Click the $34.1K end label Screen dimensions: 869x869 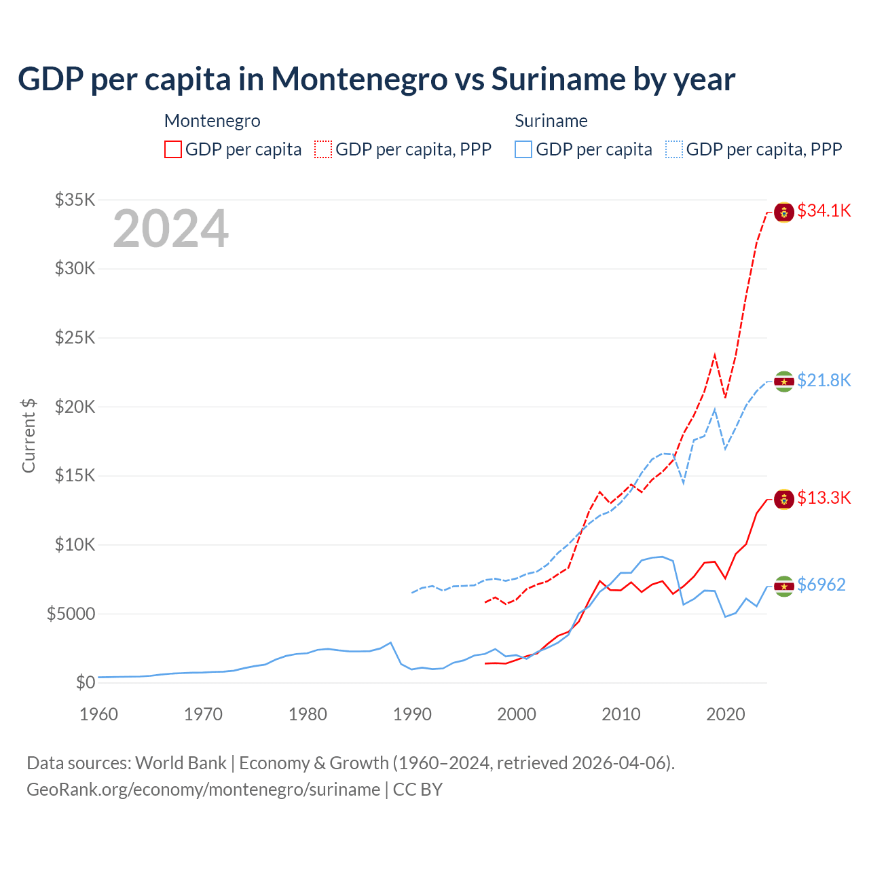824,211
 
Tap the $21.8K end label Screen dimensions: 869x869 824,380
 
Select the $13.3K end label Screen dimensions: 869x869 824,498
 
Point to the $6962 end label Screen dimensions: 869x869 821,585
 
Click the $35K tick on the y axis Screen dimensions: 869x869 75,200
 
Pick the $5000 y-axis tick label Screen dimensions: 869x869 71,614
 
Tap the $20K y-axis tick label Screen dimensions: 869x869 75,407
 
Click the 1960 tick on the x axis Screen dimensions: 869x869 98,714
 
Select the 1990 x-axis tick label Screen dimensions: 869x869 412,714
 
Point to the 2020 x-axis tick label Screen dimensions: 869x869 726,714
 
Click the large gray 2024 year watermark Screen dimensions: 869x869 170,229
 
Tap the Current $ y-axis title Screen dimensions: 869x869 29,436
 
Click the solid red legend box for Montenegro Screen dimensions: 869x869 173,149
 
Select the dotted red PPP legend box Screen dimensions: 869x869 323,149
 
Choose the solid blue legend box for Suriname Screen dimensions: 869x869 523,149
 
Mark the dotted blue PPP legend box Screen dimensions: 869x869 674,149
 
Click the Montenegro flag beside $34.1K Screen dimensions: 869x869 784,212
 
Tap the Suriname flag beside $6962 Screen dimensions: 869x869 784,586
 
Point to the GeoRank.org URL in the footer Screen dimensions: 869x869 203,790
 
